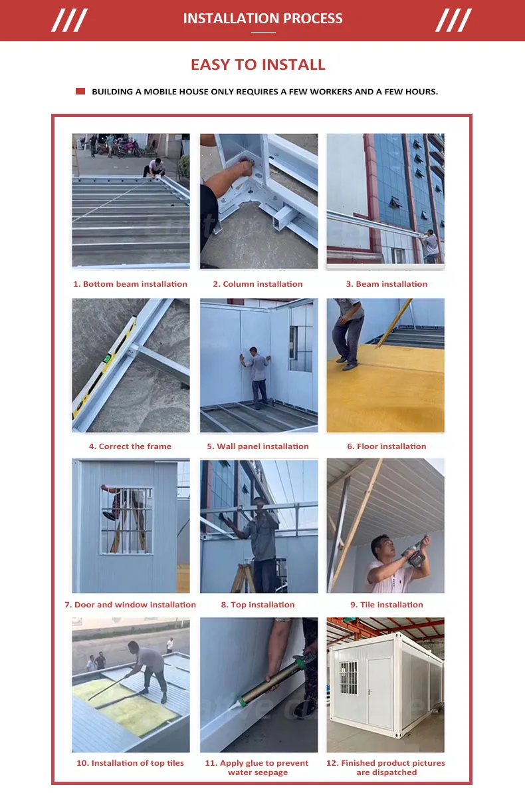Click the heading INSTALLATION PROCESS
click(262, 19)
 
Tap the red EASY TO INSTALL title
click(258, 65)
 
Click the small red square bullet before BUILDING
click(80, 91)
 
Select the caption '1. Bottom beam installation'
click(130, 284)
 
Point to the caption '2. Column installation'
click(258, 284)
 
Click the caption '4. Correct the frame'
click(130, 446)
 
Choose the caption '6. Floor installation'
click(387, 446)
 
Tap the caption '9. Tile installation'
click(387, 605)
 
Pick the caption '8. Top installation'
click(258, 605)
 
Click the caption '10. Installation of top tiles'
click(130, 762)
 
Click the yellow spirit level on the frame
click(104, 367)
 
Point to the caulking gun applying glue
click(274, 682)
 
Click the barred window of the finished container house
click(348, 677)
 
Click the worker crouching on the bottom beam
click(155, 168)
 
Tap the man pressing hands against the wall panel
click(257, 378)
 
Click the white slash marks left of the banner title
click(69, 20)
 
